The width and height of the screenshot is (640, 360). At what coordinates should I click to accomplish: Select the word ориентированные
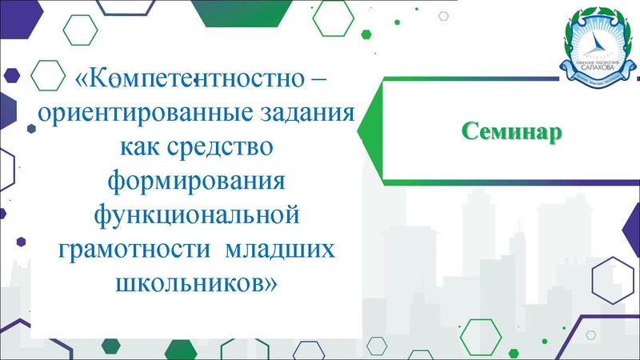pyautogui.click(x=128, y=114)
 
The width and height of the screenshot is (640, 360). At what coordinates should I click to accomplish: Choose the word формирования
pyautogui.click(x=197, y=182)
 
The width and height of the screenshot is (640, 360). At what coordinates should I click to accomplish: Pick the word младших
pyautogui.click(x=279, y=249)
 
